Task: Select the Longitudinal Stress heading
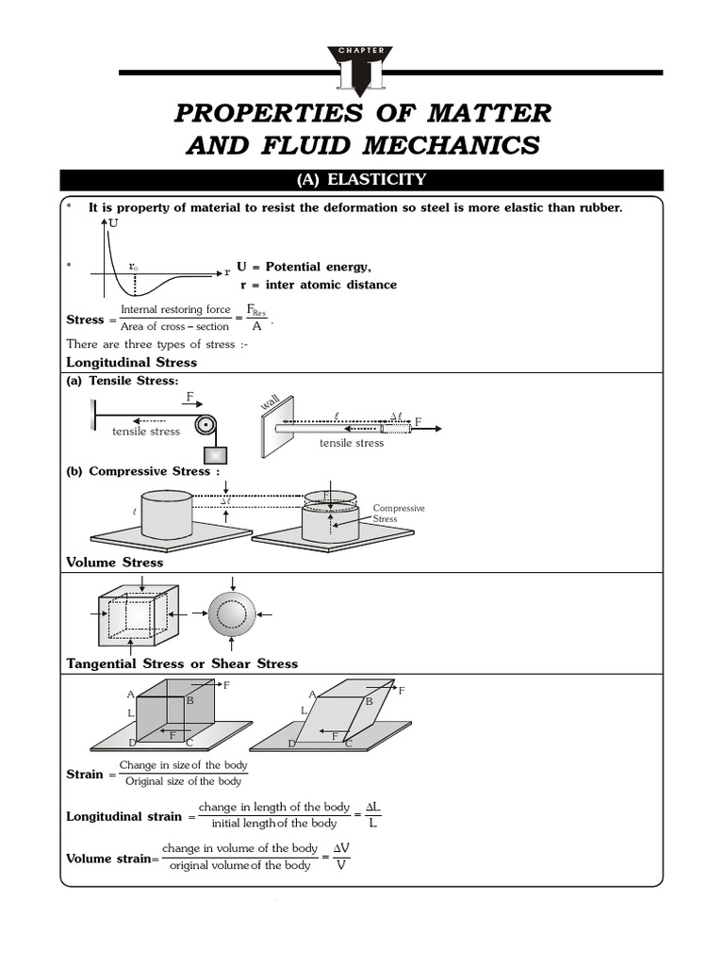coord(131,362)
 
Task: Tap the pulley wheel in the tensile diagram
coord(206,425)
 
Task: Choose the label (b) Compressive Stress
coord(143,471)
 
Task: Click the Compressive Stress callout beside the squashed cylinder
coord(399,514)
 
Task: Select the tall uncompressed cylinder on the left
coord(166,514)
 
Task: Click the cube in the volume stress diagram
coord(137,618)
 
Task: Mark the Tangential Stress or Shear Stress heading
coord(182,663)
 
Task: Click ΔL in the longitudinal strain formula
coord(372,808)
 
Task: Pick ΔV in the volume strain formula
coord(341,848)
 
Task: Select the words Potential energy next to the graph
coord(320,267)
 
